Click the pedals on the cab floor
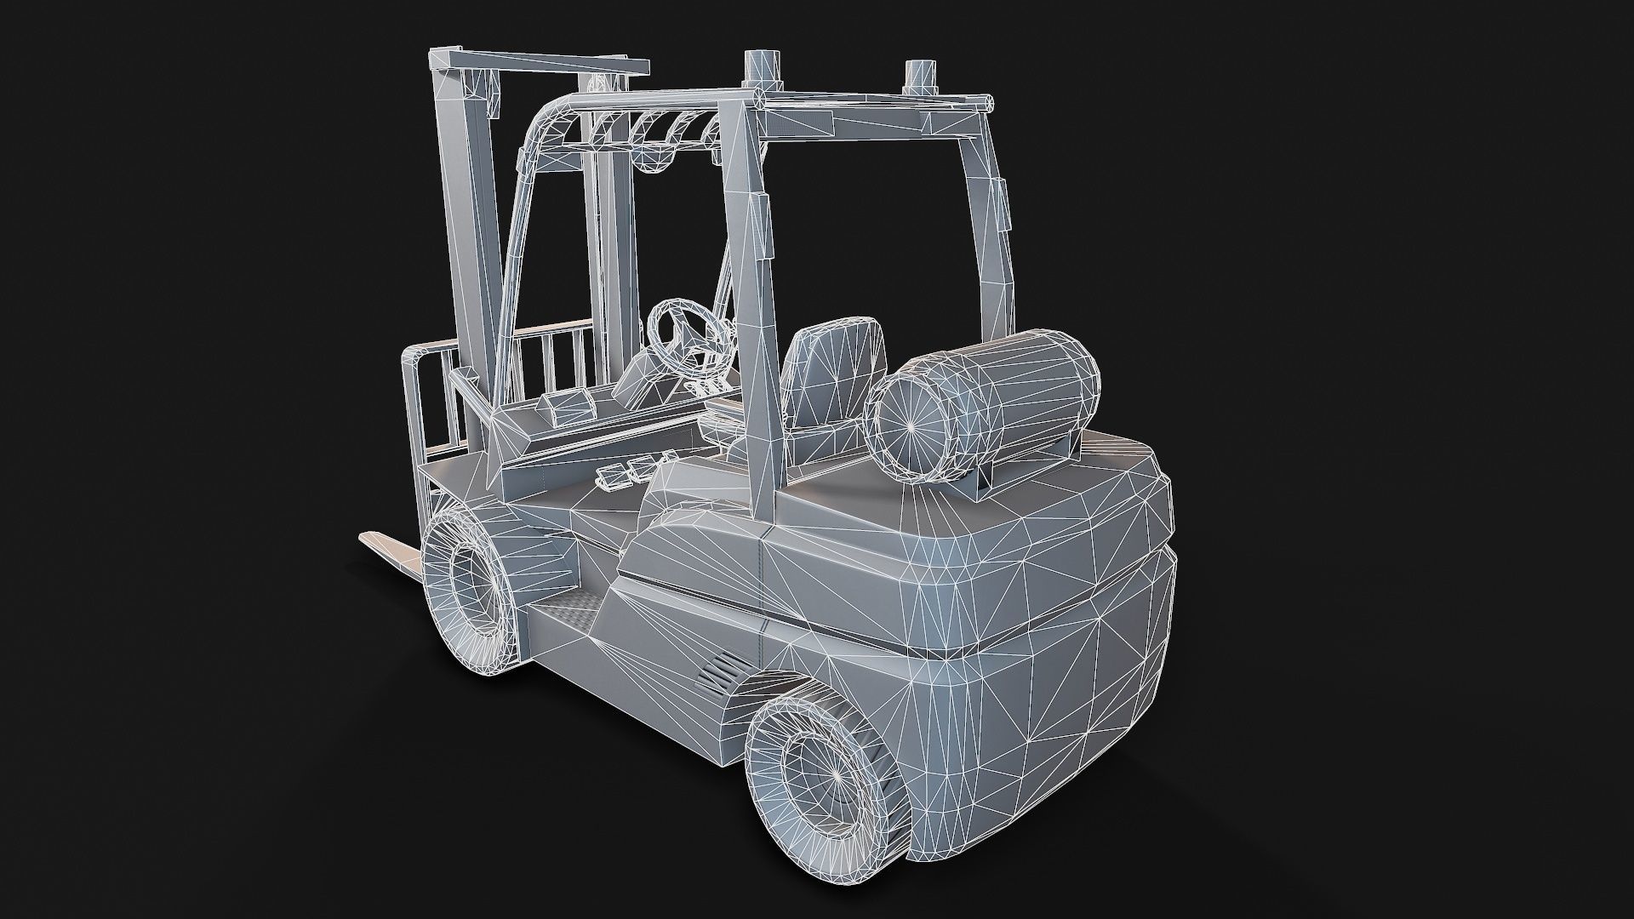[628, 471]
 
